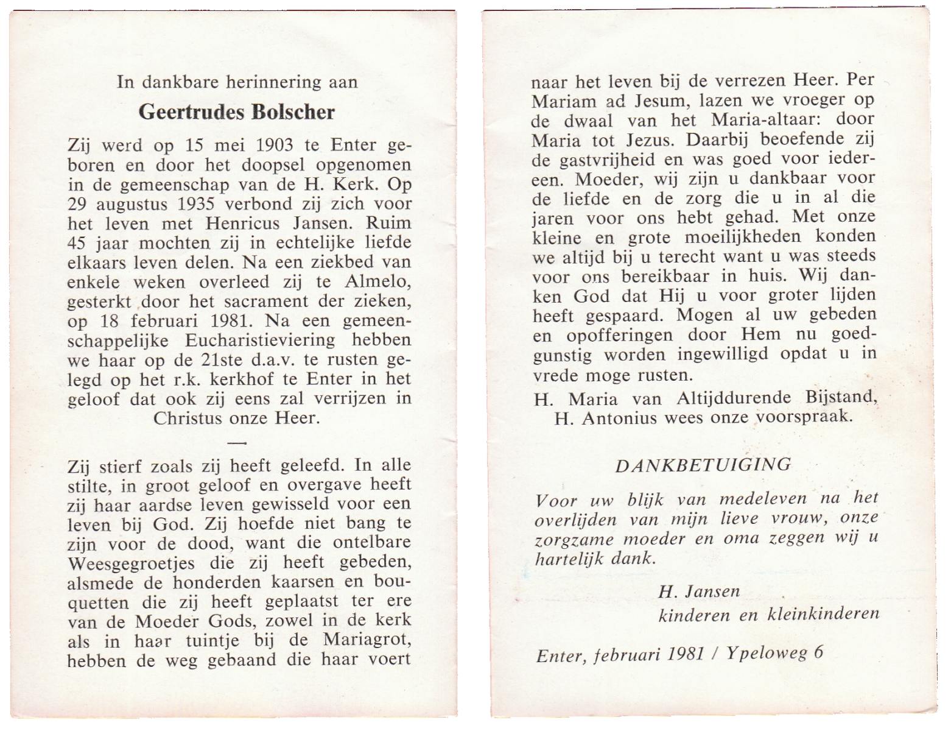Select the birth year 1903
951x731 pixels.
point(275,146)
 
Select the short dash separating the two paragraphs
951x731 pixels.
point(239,442)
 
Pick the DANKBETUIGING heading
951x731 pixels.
point(703,465)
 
